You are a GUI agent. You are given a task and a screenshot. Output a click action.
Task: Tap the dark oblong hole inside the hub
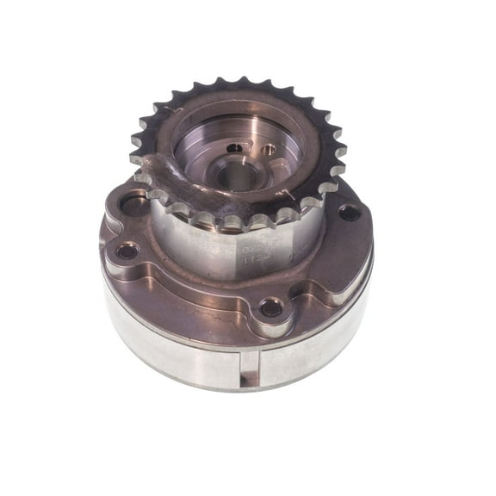tap(234, 148)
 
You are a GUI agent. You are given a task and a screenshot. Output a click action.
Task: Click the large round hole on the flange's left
tap(135, 205)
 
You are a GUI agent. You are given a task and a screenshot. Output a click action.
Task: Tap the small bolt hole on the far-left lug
tap(127, 251)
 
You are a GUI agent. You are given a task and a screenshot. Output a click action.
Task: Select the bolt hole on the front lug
tap(271, 307)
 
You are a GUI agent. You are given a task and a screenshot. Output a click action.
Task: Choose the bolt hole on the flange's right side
tap(348, 211)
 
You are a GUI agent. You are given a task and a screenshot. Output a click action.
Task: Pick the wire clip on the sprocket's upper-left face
tap(168, 116)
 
